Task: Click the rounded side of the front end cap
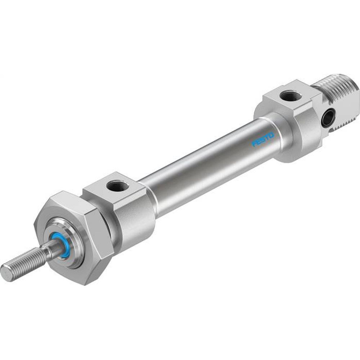click(133, 220)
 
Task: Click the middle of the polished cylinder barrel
click(209, 166)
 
